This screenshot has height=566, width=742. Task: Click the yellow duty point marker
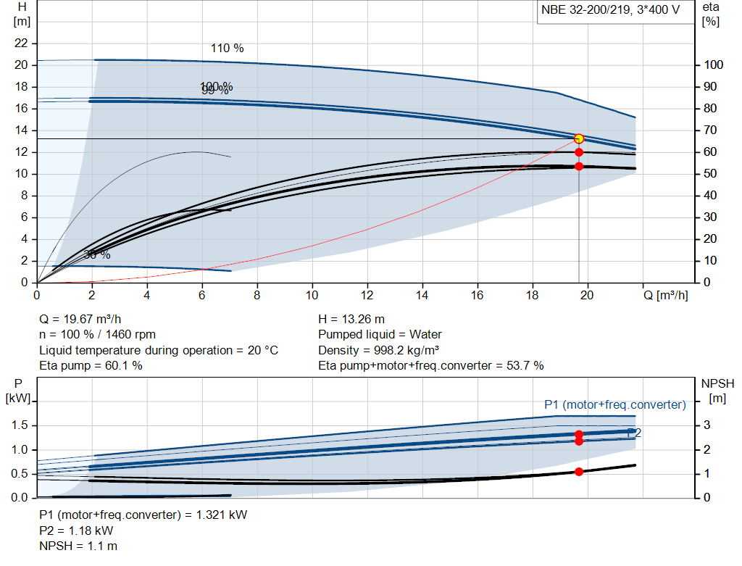coord(578,138)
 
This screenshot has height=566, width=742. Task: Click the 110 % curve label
coord(227,49)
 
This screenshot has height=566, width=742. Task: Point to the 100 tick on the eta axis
coord(714,65)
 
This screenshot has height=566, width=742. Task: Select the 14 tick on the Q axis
coord(422,295)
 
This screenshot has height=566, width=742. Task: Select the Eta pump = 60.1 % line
coord(91,365)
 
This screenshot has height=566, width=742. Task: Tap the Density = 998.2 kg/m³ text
coord(380,350)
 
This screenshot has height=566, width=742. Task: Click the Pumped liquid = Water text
coord(380,334)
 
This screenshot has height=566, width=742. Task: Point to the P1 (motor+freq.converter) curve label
coord(614,404)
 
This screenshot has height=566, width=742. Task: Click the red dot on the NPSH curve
coord(579,472)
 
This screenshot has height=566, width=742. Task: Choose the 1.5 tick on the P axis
coord(20,425)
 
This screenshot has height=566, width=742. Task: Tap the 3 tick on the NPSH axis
coord(706,425)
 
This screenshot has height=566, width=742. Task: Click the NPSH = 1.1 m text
coord(78,546)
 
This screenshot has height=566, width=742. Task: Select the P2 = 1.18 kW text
coord(76,530)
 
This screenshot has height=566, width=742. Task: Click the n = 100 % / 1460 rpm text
coord(97,334)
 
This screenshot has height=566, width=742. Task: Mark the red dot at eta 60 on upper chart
coord(579,152)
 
